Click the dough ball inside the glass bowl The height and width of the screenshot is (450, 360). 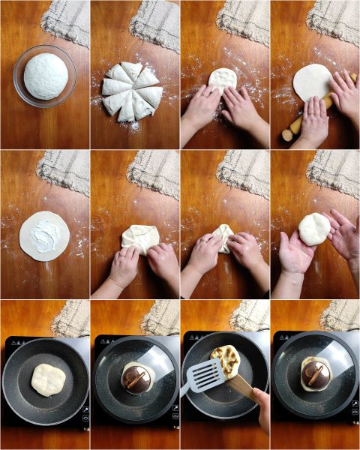[46, 75]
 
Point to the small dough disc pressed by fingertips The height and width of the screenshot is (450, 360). [223, 78]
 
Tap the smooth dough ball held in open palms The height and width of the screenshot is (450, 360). [314, 228]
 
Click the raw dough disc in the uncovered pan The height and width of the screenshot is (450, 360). [46, 379]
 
